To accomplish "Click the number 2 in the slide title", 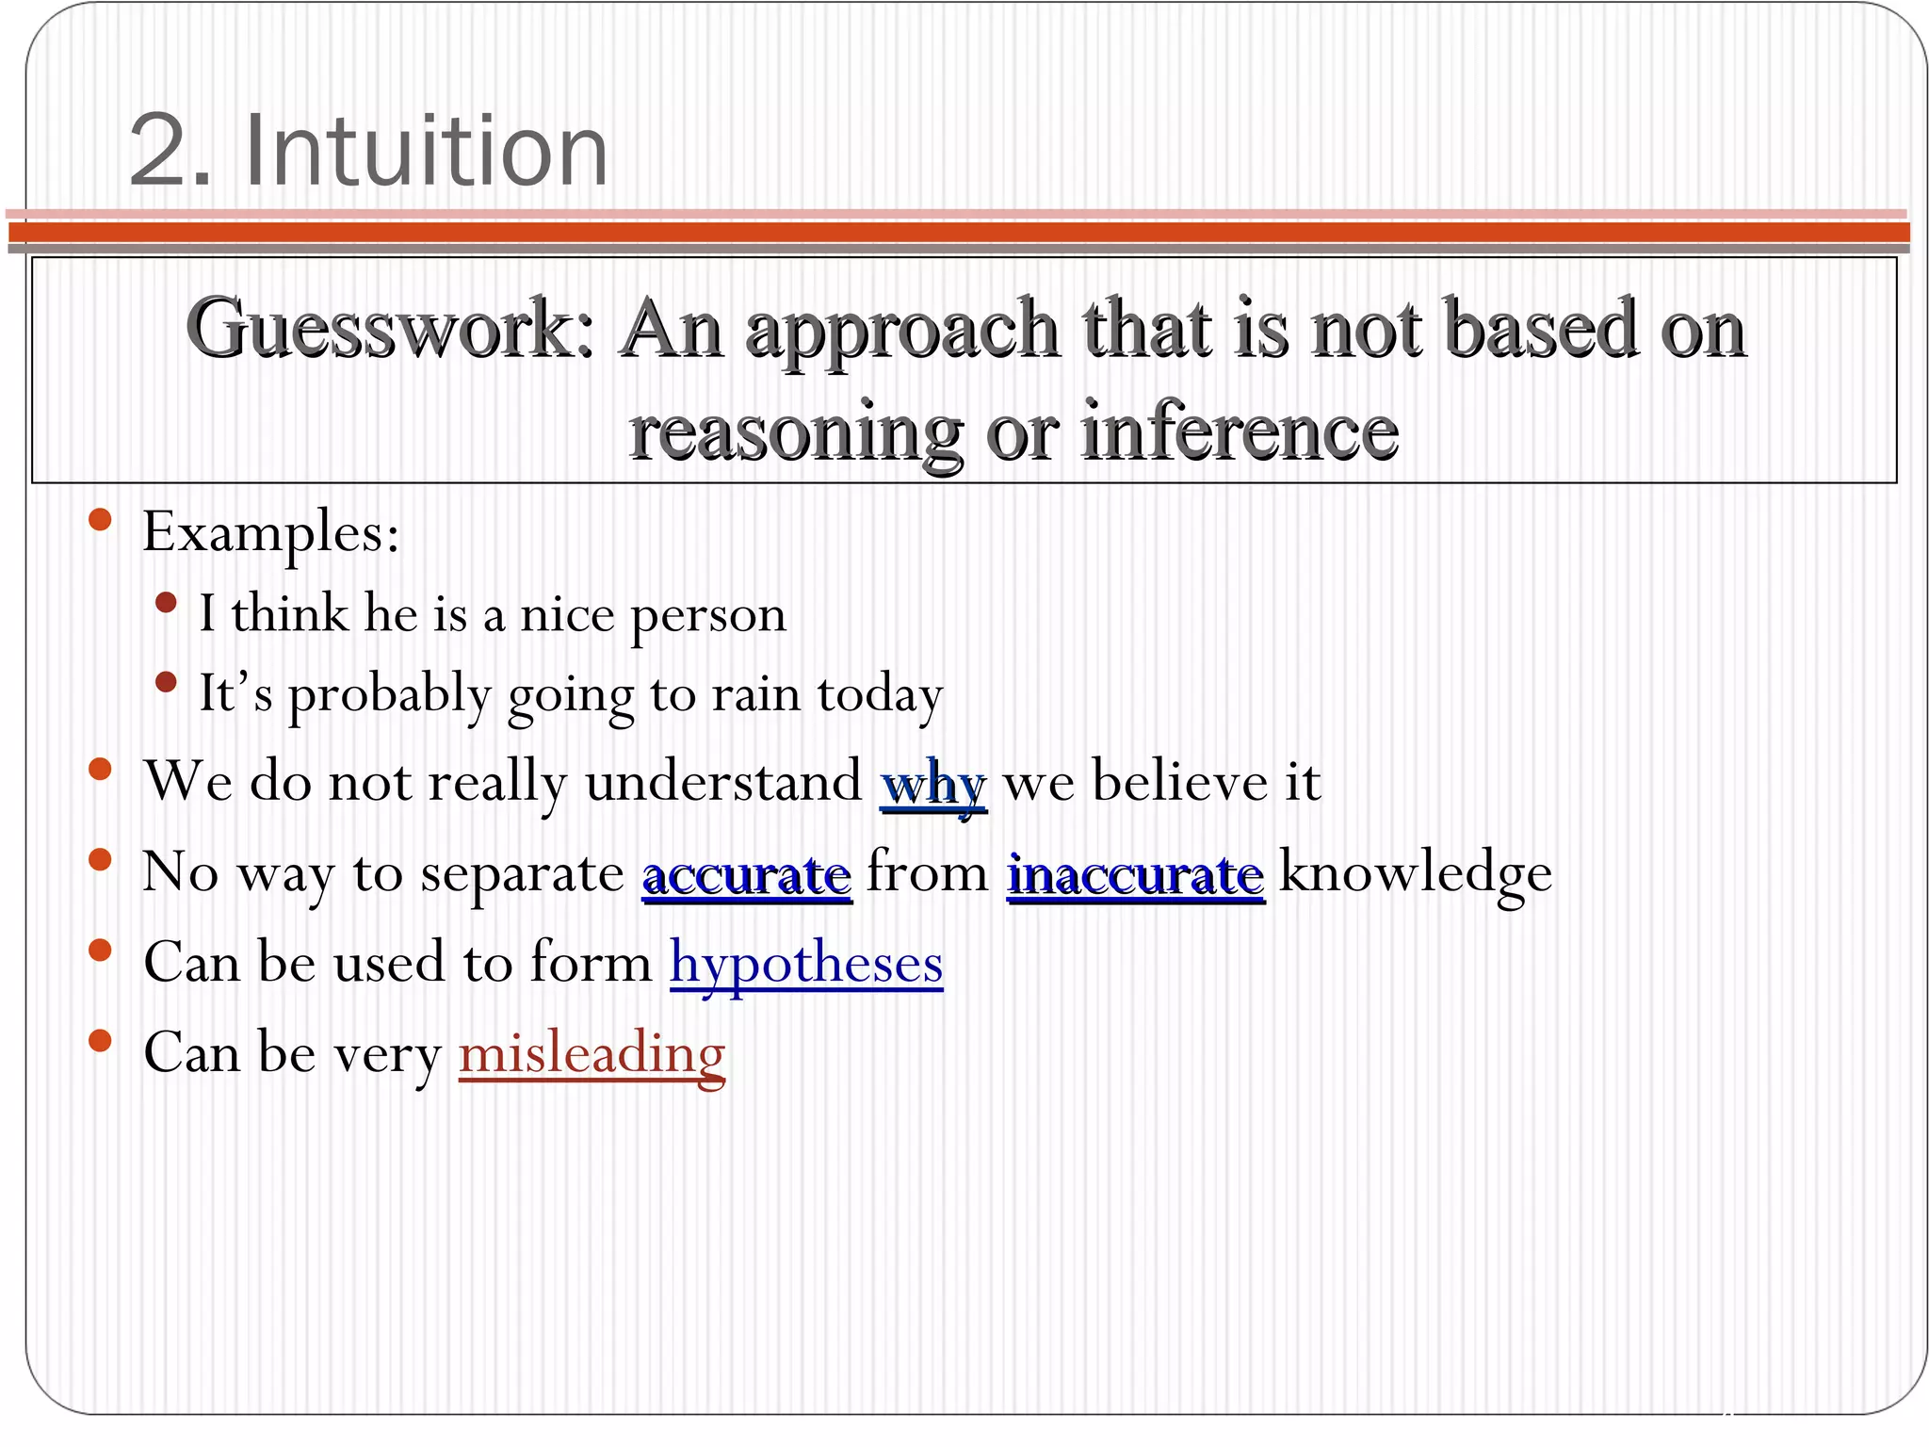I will coord(158,151).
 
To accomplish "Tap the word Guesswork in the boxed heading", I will coord(390,329).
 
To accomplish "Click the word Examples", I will coord(270,533).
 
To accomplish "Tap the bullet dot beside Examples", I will coord(100,520).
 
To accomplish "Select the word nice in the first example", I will coord(567,614).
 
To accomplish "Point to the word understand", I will coord(723,781).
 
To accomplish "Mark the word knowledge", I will coord(1415,873).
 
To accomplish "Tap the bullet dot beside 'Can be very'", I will coord(100,1040).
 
